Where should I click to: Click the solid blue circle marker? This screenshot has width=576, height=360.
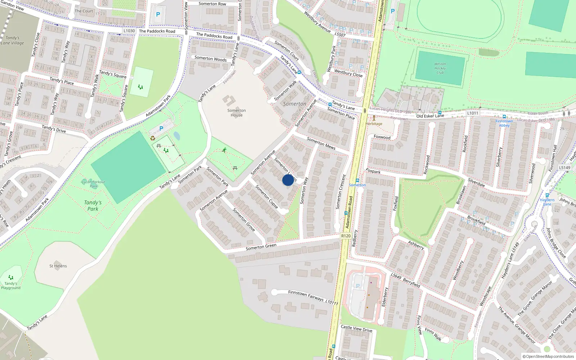[288, 180]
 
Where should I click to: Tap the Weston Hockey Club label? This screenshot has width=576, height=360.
[440, 68]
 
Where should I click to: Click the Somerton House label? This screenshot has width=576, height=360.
[237, 113]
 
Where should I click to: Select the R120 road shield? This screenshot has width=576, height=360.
[346, 236]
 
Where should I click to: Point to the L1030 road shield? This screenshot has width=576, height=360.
[129, 31]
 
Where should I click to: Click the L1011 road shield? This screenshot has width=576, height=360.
[473, 113]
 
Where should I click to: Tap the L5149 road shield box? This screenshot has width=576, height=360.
[564, 167]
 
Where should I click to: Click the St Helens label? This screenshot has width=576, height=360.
[58, 266]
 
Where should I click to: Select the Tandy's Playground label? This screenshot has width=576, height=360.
[11, 285]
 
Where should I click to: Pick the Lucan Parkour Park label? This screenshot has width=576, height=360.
[93, 184]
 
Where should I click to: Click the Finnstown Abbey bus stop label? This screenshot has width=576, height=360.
[504, 123]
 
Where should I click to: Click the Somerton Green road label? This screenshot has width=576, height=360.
[261, 247]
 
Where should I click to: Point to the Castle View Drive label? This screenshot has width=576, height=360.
[356, 328]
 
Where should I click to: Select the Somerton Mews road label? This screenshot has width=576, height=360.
[321, 143]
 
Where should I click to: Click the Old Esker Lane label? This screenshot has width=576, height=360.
[430, 116]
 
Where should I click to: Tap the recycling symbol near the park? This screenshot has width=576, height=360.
[153, 138]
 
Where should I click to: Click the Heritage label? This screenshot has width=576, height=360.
[374, 124]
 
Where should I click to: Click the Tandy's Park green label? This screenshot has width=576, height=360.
[93, 206]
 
